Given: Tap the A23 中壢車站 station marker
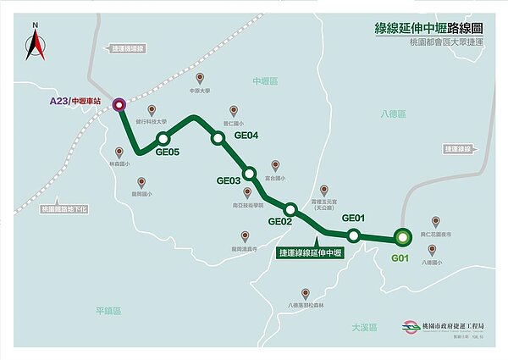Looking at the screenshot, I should point(119,105).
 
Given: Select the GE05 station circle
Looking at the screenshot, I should point(163,139).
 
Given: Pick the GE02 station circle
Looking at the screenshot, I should point(290,209).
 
